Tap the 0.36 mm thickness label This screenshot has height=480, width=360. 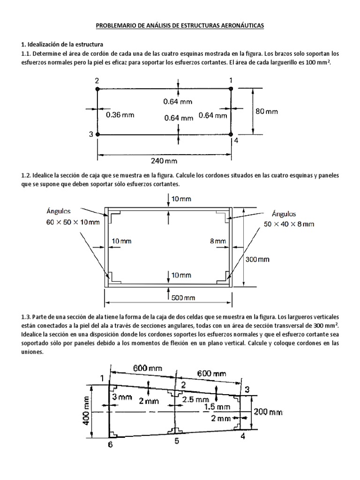tap(120, 115)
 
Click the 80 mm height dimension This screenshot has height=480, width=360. tap(266, 112)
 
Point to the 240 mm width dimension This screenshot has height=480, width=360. tap(164, 161)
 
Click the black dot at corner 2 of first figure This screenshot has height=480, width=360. tap(97, 88)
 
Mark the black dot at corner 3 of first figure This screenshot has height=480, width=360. tap(97, 135)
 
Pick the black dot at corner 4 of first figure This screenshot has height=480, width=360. tap(231, 135)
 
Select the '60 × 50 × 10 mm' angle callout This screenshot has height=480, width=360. tap(73, 222)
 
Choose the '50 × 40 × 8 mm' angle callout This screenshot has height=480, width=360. tap(289, 224)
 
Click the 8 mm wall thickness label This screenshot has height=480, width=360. tap(218, 241)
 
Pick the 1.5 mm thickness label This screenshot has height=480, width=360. tap(216, 407)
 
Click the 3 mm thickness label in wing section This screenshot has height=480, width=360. tap(122, 397)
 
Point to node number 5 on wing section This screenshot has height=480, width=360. tap(176, 441)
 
